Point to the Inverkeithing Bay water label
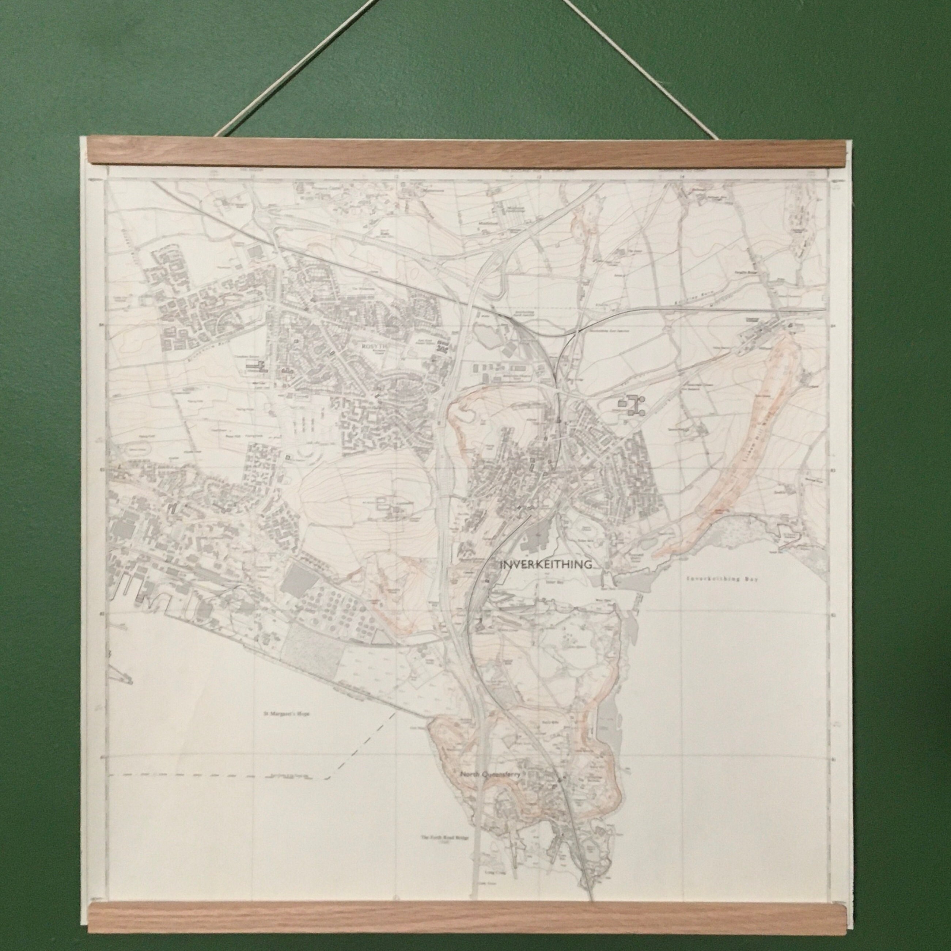722,580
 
